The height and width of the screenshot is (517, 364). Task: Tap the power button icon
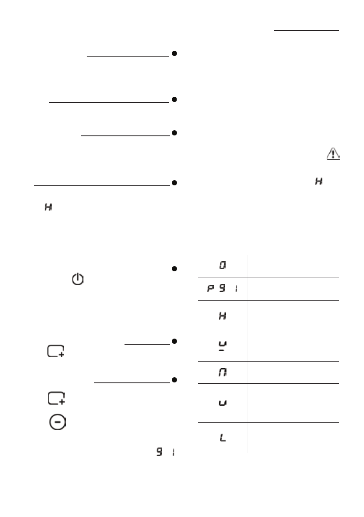(77, 279)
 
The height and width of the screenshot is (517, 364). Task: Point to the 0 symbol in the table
(222, 265)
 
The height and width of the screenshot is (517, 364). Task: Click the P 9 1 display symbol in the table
(222, 289)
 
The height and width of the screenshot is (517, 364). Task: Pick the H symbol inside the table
(222, 316)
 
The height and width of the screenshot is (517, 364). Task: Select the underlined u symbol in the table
(222, 346)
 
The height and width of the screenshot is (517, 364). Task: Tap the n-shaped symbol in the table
(222, 372)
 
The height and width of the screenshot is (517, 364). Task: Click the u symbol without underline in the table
(222, 403)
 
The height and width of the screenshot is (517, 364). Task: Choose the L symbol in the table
(222, 438)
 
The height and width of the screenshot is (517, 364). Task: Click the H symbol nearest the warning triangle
(319, 184)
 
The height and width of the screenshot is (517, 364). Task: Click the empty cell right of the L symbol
(293, 438)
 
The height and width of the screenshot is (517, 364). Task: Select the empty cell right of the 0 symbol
(293, 265)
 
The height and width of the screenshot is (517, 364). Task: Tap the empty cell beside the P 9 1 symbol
(293, 289)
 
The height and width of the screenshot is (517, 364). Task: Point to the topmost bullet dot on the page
(174, 54)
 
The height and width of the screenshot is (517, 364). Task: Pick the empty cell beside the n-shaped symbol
(293, 372)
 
